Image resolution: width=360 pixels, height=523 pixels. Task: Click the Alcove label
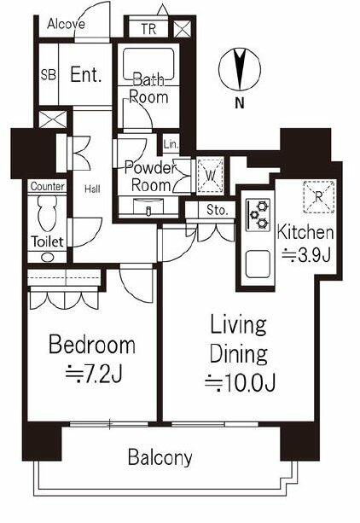[x=66, y=24]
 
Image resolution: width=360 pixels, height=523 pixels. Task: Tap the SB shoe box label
[x=49, y=75]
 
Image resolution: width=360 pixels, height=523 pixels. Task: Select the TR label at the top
[x=148, y=29]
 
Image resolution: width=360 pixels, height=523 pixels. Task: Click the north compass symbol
[x=240, y=69]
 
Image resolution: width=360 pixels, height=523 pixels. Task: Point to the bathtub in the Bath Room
[x=148, y=64]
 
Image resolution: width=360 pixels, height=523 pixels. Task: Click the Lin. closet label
[x=171, y=145]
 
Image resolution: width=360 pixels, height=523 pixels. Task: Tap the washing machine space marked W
[x=210, y=176]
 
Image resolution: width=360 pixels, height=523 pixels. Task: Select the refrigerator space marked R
[x=319, y=197]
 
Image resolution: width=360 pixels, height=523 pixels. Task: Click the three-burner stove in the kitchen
[x=258, y=215]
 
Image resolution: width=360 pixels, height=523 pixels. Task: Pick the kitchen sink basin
[x=258, y=264]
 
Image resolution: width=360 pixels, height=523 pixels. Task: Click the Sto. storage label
[x=217, y=210]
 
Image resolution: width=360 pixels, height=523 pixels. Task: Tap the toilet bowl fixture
[x=48, y=213]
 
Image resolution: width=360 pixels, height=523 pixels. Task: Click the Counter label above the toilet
[x=48, y=186]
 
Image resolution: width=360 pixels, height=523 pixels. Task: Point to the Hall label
[x=92, y=189]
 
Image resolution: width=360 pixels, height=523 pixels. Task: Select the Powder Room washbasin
[x=148, y=207]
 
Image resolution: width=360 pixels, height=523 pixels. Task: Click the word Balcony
[x=160, y=457]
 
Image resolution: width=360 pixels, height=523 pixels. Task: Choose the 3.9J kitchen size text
[x=306, y=255]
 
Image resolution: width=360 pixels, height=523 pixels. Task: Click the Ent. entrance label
[x=86, y=75]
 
